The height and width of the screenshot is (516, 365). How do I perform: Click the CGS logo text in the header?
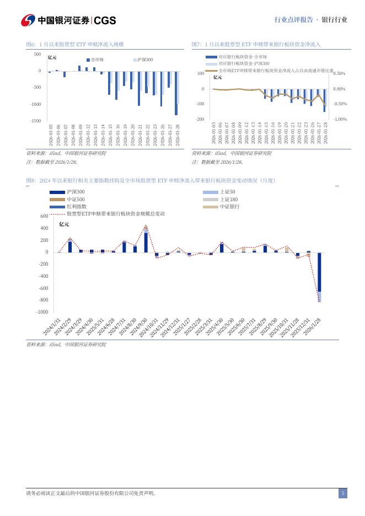[105, 20]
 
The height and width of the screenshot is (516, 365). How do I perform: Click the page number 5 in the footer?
[343, 493]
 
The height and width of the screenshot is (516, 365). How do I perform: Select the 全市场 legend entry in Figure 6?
[97, 59]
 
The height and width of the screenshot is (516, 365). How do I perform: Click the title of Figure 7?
[256, 44]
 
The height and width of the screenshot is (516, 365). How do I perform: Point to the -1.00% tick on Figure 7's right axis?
[340, 119]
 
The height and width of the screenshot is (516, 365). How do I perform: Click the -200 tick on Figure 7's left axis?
[200, 119]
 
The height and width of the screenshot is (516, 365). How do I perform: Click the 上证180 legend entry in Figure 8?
[229, 199]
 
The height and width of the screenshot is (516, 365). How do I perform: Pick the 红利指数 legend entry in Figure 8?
[76, 206]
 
